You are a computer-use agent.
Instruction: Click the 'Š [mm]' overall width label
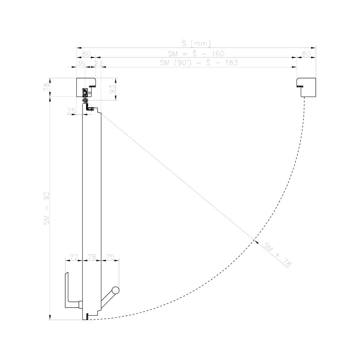pos(196,44)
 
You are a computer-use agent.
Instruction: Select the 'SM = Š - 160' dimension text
pos(196,54)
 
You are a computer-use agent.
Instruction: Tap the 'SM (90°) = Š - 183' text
pos(199,62)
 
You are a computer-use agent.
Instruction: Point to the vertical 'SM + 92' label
pos(46,208)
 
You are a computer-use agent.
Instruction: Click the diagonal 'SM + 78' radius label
pos(277,255)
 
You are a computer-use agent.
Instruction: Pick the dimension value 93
pos(112,89)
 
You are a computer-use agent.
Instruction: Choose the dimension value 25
pos(71,111)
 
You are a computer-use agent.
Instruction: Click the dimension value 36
pos(81,63)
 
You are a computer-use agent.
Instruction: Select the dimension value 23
pos(99,63)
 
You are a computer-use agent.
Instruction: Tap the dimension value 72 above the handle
pos(74,257)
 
